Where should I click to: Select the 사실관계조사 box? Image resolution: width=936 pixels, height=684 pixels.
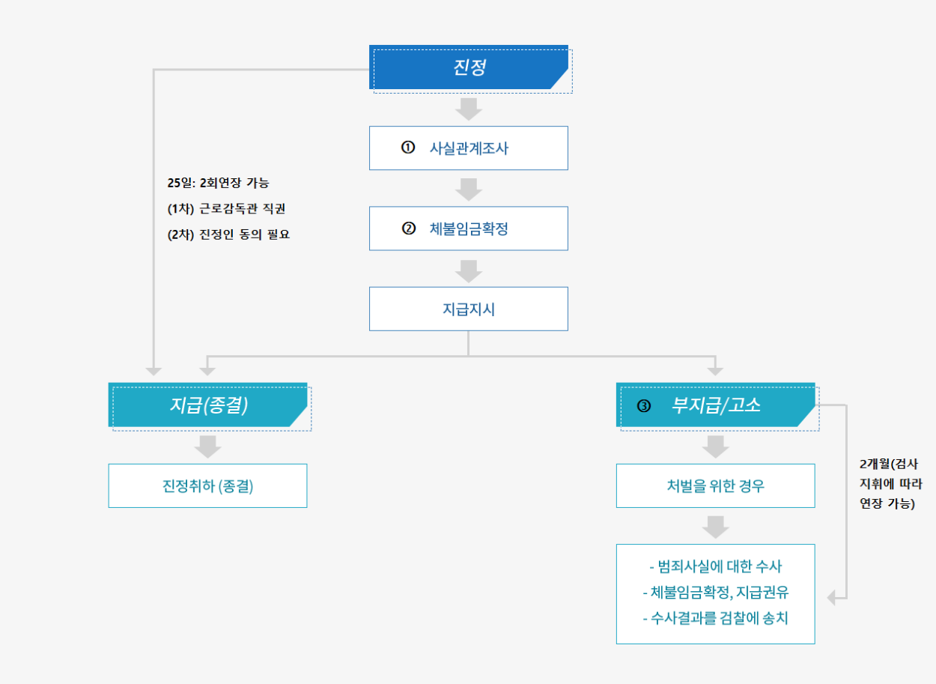point(468,148)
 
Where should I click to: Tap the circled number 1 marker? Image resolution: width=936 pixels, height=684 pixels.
point(408,148)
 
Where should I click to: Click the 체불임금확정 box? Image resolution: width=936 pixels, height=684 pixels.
point(468,228)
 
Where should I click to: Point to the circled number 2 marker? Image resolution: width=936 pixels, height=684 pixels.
point(408,228)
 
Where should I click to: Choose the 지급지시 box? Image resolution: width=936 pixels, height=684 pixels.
point(468,309)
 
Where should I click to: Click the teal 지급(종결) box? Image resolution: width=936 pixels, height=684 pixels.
point(207,405)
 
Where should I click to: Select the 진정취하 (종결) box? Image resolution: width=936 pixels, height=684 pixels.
point(207,485)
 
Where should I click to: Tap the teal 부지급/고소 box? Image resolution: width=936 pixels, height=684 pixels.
point(715,405)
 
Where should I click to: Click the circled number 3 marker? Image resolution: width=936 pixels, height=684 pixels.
point(644,406)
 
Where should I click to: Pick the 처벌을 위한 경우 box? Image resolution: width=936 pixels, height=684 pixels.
point(715,485)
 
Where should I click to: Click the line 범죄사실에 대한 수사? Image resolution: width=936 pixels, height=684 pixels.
point(715,566)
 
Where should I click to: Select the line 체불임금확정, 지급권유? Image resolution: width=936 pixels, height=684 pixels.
point(715,593)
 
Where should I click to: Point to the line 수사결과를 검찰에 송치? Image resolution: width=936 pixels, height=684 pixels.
point(715,619)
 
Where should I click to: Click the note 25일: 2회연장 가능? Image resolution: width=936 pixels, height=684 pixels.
point(218,183)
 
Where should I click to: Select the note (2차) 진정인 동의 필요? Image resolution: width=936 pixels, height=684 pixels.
point(228,234)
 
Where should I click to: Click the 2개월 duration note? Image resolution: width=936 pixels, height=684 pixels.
point(887,483)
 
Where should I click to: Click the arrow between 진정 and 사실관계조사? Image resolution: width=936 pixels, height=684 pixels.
point(469,109)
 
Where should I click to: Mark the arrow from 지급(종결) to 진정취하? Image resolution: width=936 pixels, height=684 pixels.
point(207,447)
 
